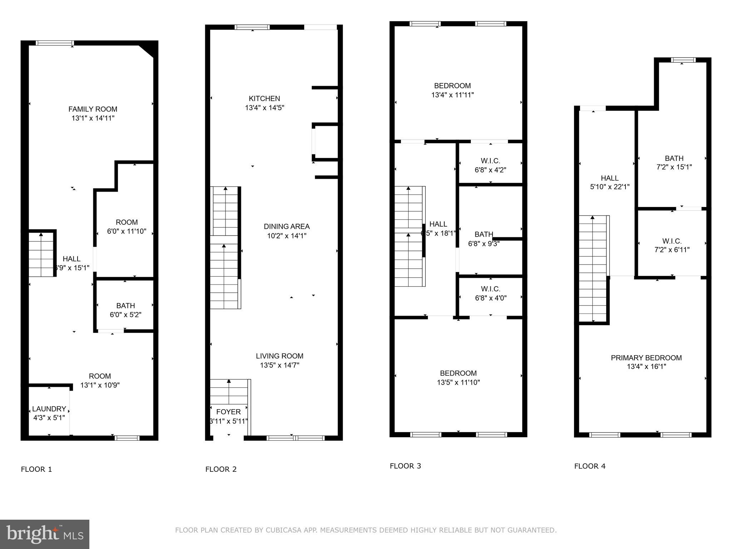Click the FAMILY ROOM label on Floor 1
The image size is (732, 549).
93,109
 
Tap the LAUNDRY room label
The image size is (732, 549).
49,409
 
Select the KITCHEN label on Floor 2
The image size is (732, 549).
264,99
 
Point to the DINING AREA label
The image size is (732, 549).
287,227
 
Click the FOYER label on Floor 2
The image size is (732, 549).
228,412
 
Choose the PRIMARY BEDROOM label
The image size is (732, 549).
646,358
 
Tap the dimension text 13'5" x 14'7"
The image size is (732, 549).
280,365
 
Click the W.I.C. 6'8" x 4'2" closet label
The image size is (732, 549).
490,165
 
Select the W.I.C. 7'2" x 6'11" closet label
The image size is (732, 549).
672,246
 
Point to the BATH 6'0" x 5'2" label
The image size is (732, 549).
125,310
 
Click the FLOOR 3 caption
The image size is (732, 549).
405,466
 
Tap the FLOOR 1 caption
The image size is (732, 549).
36,469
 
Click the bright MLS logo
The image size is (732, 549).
45,534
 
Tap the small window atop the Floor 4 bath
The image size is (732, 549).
683,60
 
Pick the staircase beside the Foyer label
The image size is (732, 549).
229,392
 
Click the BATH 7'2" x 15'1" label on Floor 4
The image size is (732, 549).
674,163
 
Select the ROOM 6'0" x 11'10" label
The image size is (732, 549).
127,227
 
